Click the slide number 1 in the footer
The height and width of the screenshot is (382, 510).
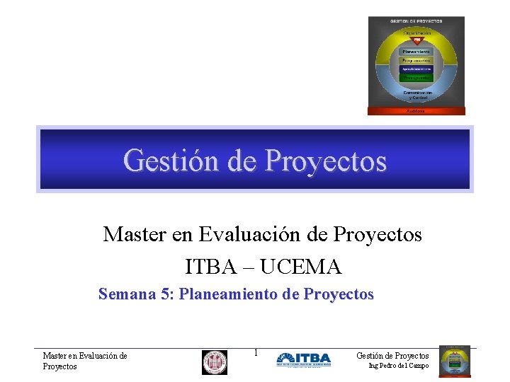click(256, 352)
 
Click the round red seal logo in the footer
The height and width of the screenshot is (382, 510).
click(215, 361)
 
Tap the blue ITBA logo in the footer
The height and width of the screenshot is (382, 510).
click(303, 359)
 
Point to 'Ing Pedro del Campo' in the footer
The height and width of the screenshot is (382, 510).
click(399, 366)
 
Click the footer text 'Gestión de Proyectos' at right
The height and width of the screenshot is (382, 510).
click(392, 355)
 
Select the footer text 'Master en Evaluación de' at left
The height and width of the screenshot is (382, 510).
click(85, 356)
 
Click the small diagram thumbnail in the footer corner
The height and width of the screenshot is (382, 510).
click(455, 361)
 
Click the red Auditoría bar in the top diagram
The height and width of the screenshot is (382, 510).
click(416, 110)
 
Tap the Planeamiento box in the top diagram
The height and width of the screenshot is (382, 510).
click(416, 51)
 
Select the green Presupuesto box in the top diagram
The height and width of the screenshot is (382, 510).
click(416, 78)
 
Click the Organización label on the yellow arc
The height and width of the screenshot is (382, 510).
click(416, 33)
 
